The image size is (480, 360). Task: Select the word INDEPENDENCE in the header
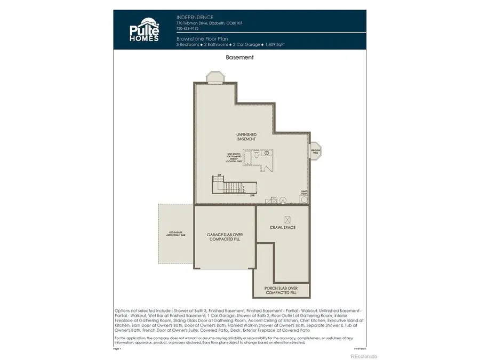(x=195, y=17)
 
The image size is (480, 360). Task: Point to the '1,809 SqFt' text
(x=274, y=45)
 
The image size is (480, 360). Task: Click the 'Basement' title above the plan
(x=239, y=57)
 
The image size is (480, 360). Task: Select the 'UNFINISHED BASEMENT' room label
(x=246, y=136)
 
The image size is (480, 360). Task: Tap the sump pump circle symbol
(x=304, y=199)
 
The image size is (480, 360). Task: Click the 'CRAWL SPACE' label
(x=282, y=228)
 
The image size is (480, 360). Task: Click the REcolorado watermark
(x=363, y=356)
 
